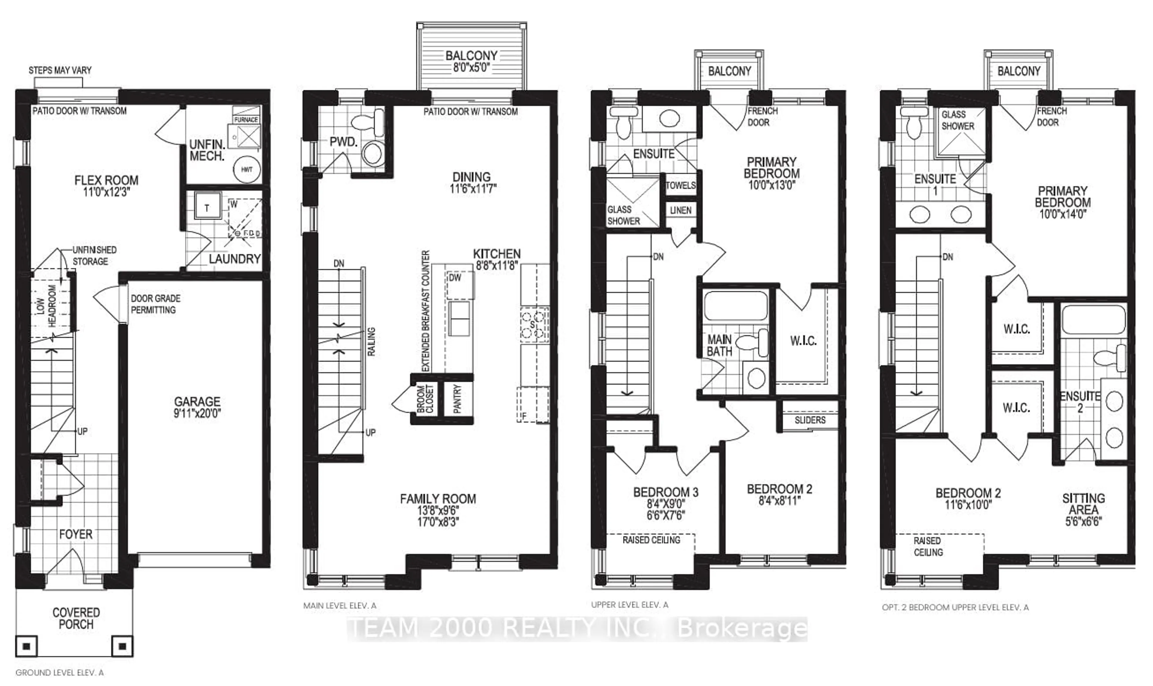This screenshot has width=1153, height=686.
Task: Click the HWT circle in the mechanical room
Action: tap(247, 170)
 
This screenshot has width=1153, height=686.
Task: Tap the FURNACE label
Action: tap(246, 120)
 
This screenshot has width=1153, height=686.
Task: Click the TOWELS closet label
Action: tap(680, 185)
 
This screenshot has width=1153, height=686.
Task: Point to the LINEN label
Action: tap(681, 210)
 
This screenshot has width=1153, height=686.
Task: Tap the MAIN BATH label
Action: tap(719, 346)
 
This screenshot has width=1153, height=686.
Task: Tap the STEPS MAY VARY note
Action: tap(60, 70)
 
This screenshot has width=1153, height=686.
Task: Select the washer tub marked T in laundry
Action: tap(207, 208)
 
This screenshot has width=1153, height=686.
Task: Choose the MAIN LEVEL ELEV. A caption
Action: tap(340, 606)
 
